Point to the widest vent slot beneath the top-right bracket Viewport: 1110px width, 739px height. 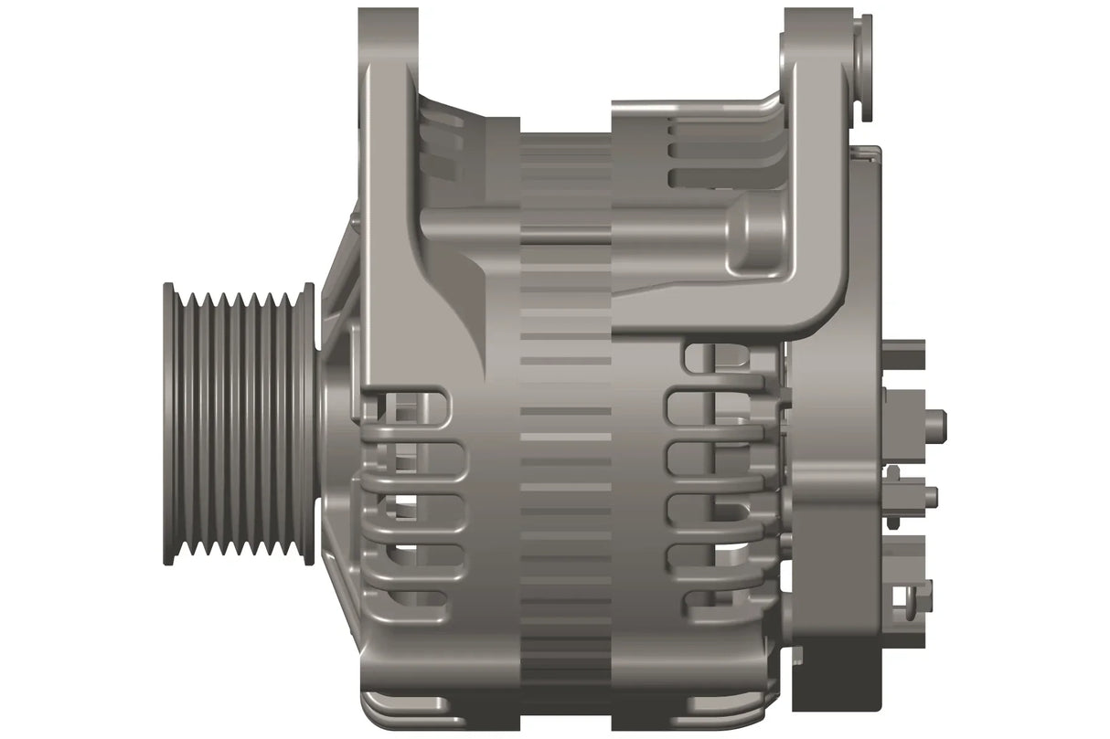click(x=722, y=175)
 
